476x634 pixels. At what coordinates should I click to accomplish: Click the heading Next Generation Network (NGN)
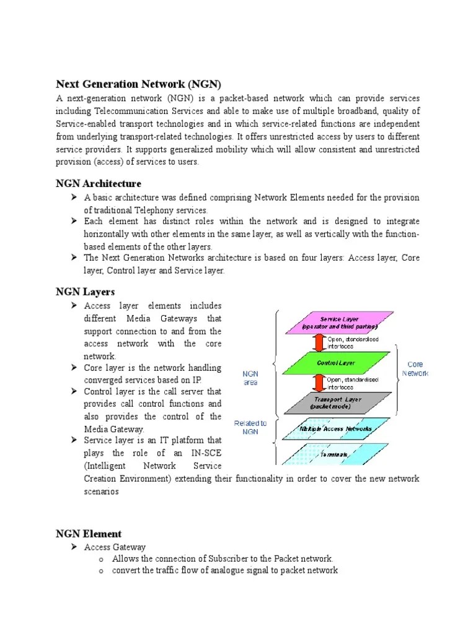click(138, 84)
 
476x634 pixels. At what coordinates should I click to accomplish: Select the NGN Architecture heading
click(99, 184)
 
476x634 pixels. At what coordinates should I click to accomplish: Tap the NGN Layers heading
click(85, 292)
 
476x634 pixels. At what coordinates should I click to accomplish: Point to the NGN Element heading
click(89, 534)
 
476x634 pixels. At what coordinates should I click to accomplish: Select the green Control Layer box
click(337, 363)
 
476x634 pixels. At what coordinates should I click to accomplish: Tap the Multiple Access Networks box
click(337, 428)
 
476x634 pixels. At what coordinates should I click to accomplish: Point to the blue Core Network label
click(415, 369)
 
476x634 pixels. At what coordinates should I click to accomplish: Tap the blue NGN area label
click(250, 378)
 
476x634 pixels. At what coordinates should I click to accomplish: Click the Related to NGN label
click(250, 427)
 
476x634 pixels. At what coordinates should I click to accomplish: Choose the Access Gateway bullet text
click(115, 547)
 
